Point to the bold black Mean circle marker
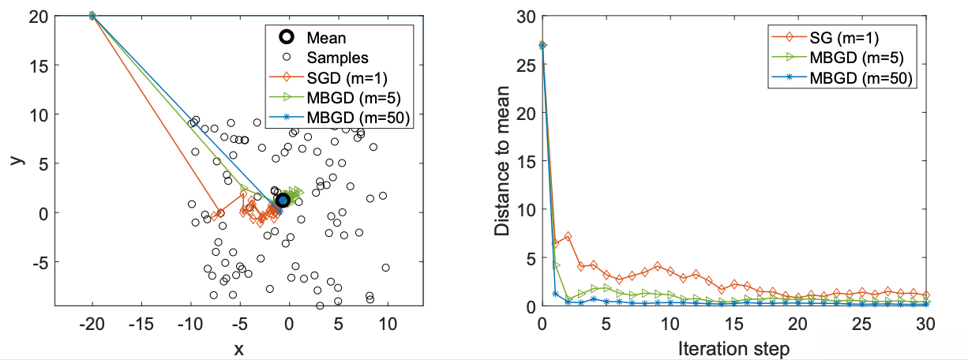pos(283,201)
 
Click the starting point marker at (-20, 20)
pos(92,16)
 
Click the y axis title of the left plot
pos(13,159)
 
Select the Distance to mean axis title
pos(502,161)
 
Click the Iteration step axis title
pos(734,347)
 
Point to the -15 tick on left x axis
pos(141,324)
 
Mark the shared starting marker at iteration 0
pos(542,45)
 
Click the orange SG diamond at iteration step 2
pos(568,237)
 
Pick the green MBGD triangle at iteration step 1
pos(555,265)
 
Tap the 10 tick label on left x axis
pos(387,324)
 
